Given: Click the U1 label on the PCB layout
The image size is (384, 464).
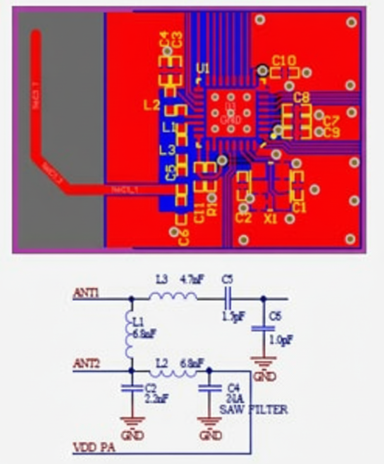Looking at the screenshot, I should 203,68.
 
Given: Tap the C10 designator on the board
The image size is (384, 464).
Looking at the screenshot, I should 284,61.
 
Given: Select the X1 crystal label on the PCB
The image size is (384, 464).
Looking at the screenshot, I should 270,219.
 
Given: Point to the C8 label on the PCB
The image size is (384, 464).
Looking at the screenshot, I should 301,98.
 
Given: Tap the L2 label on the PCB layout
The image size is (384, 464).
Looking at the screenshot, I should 151,105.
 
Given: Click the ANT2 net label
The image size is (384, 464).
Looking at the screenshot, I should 86,365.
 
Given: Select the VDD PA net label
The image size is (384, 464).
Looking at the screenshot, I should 94,448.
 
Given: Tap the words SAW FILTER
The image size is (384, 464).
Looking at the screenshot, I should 253,410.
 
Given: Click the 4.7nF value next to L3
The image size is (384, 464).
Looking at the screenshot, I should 192,280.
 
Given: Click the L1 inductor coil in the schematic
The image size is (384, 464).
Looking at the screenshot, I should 129,335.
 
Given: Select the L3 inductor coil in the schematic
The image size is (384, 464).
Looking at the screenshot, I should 173,297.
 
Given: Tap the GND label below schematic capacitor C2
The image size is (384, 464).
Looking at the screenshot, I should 132,435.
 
